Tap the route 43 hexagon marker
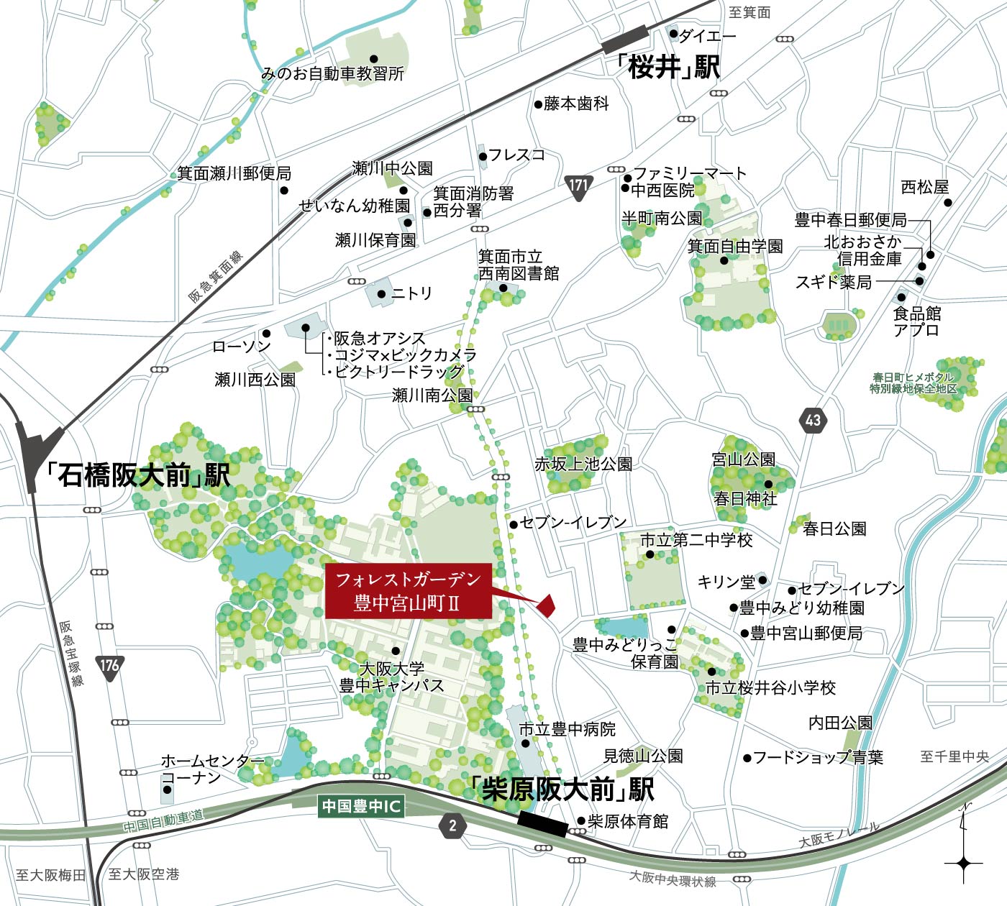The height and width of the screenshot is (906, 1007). tap(813, 419)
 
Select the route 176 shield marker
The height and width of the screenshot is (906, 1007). tap(109, 665)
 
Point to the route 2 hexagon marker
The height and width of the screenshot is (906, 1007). tap(452, 825)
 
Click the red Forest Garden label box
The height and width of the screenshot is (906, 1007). tap(408, 591)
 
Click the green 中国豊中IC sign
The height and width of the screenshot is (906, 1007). tap(360, 806)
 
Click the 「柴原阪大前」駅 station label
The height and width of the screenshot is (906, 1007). tap(562, 790)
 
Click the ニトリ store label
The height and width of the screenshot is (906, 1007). tap(411, 293)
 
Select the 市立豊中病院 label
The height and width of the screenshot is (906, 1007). tap(568, 729)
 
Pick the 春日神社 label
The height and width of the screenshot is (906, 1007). tap(745, 498)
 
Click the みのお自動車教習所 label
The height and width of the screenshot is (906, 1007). tap(332, 73)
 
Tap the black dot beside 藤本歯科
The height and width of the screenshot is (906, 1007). tap(538, 104)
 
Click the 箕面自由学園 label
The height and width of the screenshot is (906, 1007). tap(735, 246)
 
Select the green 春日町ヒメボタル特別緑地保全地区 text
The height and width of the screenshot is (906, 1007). tap(913, 383)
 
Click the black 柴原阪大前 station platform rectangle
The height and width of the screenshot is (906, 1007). tap(542, 824)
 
